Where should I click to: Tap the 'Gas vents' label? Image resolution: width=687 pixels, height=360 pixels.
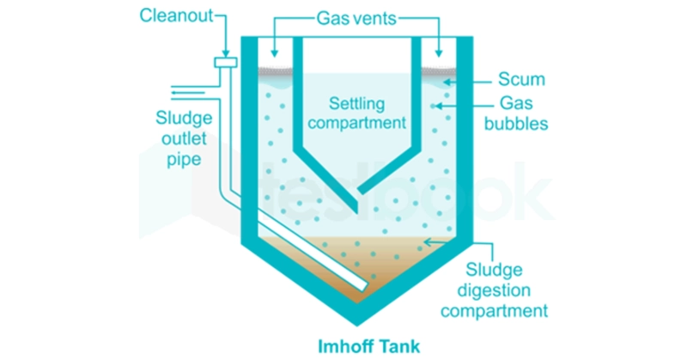pos(357,16)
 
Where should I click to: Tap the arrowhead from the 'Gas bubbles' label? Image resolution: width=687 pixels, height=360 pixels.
pos(439,107)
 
